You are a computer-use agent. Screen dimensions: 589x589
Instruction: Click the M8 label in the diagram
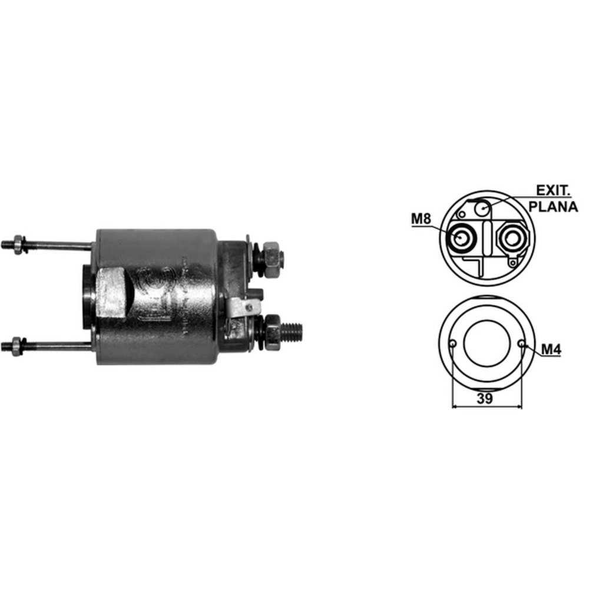(x=421, y=219)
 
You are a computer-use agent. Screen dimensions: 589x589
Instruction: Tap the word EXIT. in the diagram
(x=553, y=190)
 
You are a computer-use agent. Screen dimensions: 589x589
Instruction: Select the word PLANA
(x=553, y=207)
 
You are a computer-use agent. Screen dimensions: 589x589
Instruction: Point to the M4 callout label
(x=551, y=350)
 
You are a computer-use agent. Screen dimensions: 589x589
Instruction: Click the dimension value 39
(x=485, y=399)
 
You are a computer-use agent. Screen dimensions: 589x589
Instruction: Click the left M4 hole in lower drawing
(x=452, y=343)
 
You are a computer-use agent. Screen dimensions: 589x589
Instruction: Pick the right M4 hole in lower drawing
(x=521, y=343)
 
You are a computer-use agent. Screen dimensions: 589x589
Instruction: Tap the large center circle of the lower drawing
(x=487, y=343)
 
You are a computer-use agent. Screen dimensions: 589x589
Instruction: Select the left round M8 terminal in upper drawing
(x=461, y=238)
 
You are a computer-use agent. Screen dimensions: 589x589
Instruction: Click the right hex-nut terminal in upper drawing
(x=512, y=238)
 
